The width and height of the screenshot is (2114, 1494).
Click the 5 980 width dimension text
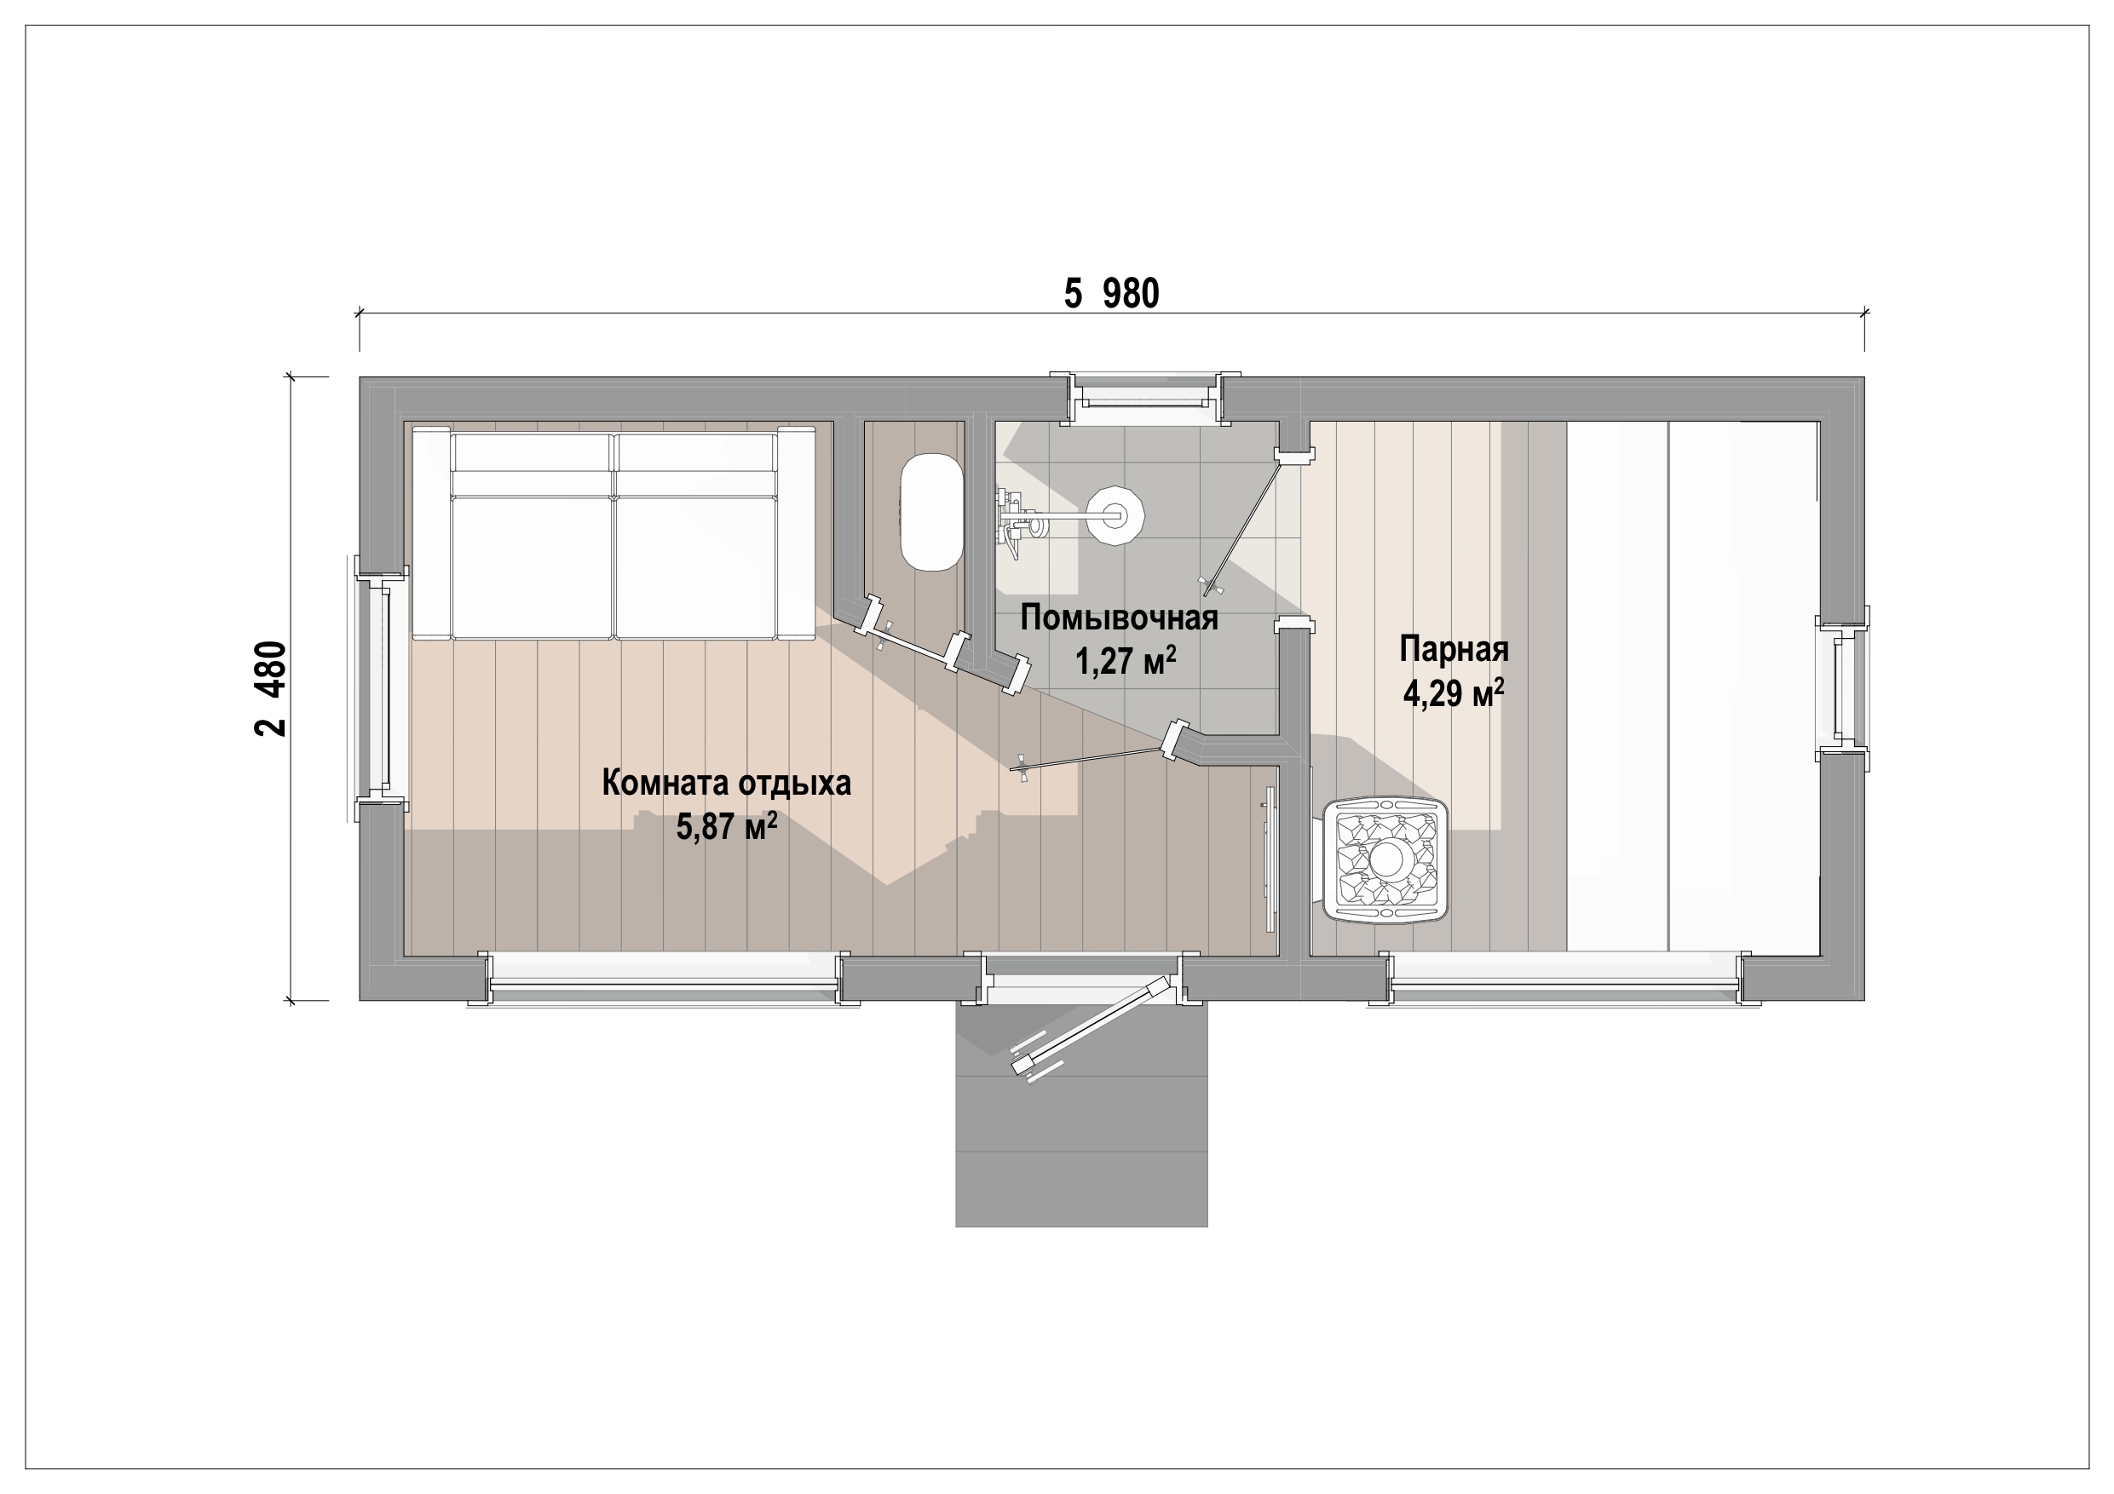click(x=1111, y=294)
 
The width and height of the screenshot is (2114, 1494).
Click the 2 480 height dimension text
click(x=271, y=688)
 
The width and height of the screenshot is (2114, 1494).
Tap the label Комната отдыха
click(x=727, y=783)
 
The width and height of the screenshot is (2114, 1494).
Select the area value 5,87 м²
click(x=727, y=825)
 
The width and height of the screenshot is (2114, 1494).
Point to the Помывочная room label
click(x=1119, y=617)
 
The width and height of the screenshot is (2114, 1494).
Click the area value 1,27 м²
click(x=1125, y=659)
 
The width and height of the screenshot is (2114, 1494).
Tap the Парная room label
click(x=1454, y=649)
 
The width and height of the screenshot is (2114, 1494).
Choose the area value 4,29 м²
click(x=1454, y=692)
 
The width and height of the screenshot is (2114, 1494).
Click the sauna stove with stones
click(x=1385, y=859)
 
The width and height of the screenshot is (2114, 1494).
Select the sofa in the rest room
click(x=614, y=533)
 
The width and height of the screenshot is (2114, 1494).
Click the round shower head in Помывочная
click(x=1115, y=515)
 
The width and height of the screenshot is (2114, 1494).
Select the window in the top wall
click(x=1144, y=398)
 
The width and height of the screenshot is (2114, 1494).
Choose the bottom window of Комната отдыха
click(x=664, y=980)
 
